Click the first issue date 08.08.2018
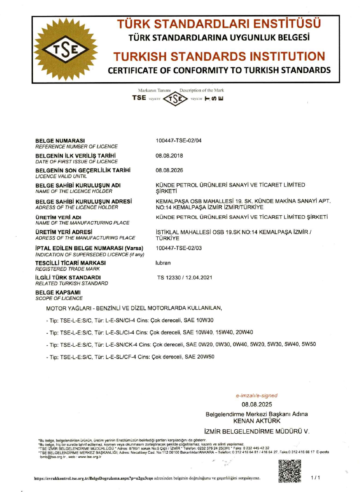point(169,156)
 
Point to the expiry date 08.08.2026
point(169,171)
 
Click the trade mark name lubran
point(164,262)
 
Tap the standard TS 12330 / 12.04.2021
point(184,278)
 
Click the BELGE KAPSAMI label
point(58,292)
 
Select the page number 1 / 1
point(315,478)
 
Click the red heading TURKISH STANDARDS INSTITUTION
point(220,56)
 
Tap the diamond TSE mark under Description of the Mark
point(175,99)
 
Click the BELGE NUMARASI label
point(60,141)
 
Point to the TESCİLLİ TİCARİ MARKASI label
point(70,263)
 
